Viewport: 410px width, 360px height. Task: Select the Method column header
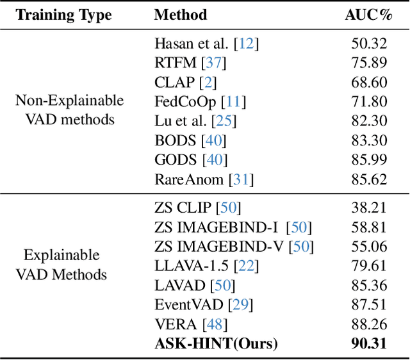pyautogui.click(x=181, y=14)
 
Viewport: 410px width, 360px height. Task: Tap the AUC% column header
pyautogui.click(x=368, y=14)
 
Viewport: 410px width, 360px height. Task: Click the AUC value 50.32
pyautogui.click(x=368, y=44)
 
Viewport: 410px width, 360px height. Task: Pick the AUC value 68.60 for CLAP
pyautogui.click(x=368, y=82)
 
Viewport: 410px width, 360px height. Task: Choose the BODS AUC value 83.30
pyautogui.click(x=368, y=140)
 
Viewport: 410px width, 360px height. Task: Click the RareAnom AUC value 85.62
pyautogui.click(x=368, y=179)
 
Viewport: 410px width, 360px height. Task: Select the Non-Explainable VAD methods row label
pyautogui.click(x=70, y=111)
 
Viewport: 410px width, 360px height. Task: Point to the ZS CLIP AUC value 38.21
pyautogui.click(x=368, y=207)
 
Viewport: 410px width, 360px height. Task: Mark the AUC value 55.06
pyautogui.click(x=368, y=246)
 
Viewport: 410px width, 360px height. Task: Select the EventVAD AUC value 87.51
pyautogui.click(x=368, y=304)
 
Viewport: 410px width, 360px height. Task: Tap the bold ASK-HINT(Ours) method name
pyautogui.click(x=217, y=343)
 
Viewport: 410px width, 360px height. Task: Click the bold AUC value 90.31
pyautogui.click(x=368, y=343)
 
